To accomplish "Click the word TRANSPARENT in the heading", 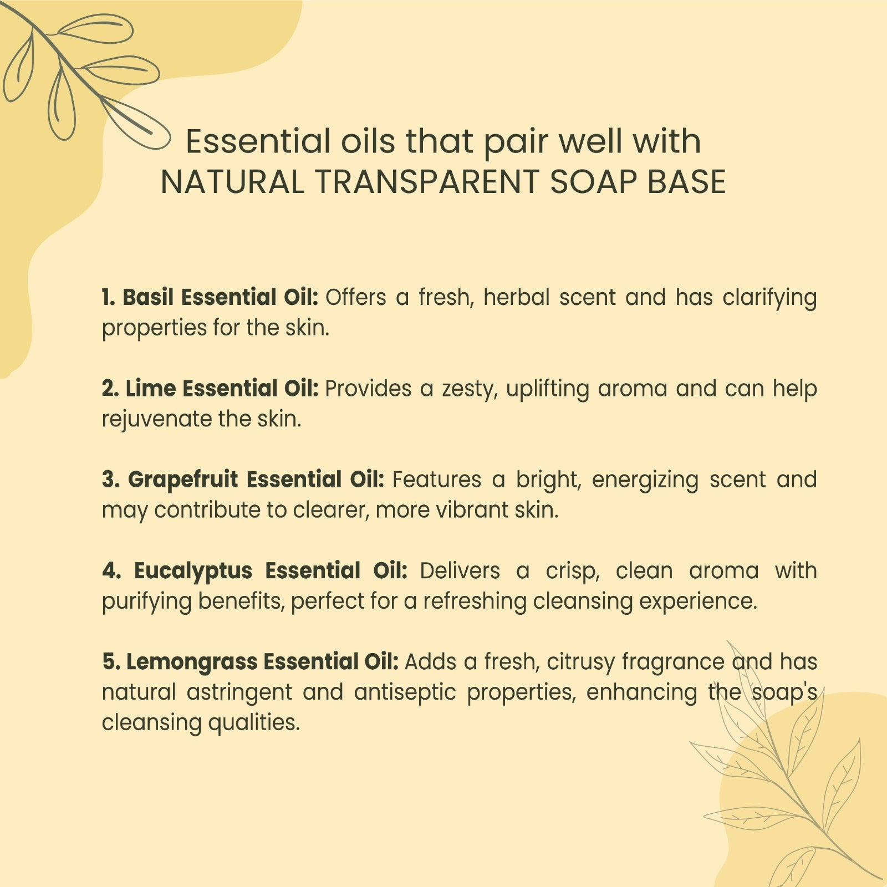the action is click(427, 182).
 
